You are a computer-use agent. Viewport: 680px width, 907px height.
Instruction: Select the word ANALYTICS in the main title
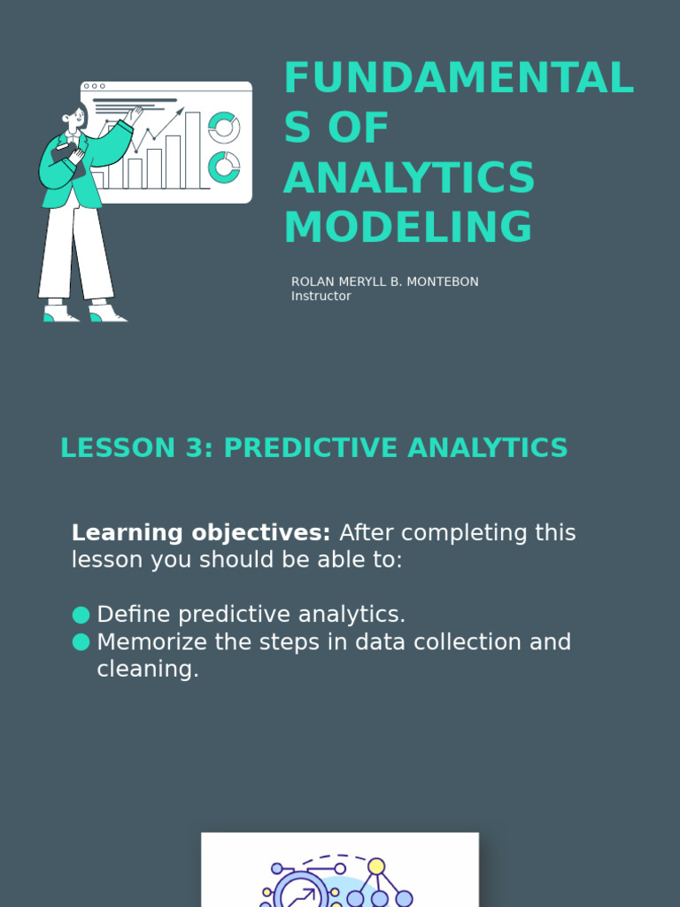click(409, 179)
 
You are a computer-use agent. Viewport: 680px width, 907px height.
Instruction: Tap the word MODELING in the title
click(408, 228)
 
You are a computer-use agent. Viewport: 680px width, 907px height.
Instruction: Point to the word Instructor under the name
click(321, 297)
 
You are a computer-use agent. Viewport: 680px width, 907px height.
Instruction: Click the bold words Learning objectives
click(201, 533)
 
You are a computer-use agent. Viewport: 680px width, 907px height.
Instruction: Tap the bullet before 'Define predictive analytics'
click(81, 615)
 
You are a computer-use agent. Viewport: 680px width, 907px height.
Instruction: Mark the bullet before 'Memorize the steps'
click(81, 642)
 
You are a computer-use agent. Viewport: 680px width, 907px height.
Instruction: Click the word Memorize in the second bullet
click(152, 642)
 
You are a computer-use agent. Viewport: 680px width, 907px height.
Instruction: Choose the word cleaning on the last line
click(147, 670)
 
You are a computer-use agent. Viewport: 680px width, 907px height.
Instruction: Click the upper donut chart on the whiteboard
click(224, 127)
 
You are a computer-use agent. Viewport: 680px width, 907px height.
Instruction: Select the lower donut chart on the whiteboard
click(224, 167)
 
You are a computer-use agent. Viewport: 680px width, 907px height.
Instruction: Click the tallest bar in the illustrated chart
click(192, 151)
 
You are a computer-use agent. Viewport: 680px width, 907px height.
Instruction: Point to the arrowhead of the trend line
click(181, 112)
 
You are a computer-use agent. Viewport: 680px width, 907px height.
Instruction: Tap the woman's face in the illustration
click(77, 117)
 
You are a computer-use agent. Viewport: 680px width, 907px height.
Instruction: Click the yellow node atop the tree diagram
click(376, 866)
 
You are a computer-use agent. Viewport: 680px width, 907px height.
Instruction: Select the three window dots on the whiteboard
click(94, 87)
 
